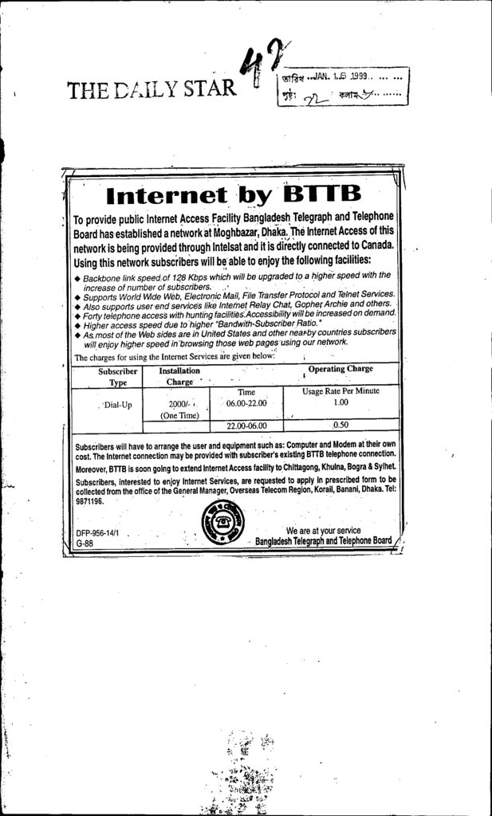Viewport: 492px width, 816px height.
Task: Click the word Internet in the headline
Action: click(x=172, y=194)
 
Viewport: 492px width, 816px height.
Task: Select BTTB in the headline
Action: click(x=322, y=194)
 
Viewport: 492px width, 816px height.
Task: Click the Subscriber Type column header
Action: click(x=118, y=376)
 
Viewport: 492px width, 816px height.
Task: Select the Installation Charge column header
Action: click(x=179, y=376)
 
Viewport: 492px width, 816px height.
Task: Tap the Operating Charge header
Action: click(x=340, y=369)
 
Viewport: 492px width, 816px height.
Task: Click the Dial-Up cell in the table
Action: click(x=117, y=405)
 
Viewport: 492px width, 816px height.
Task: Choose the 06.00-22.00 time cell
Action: click(x=246, y=404)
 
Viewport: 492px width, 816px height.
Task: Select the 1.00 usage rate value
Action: click(x=340, y=403)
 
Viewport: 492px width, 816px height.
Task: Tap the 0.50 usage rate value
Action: click(x=340, y=425)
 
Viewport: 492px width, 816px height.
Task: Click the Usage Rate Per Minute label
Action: click(x=340, y=391)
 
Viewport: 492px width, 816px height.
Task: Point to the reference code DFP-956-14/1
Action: click(x=98, y=533)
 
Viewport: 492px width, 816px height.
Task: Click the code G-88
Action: click(x=85, y=543)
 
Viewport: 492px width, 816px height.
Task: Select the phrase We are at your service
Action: click(x=323, y=530)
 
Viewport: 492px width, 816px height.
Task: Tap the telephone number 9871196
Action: click(x=89, y=502)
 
